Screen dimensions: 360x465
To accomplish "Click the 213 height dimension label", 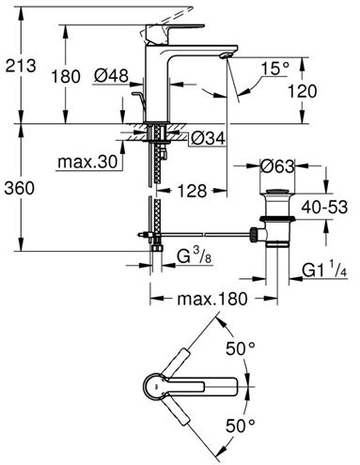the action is point(21,66).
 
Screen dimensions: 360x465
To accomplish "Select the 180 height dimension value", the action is point(66,76).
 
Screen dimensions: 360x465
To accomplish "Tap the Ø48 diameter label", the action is point(112,76).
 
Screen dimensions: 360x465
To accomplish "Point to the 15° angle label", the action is point(275,69).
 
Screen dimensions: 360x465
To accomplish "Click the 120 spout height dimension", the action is point(302,91).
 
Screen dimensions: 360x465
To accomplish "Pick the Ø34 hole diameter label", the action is point(208,138).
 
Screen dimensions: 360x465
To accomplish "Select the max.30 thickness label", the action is point(87,162).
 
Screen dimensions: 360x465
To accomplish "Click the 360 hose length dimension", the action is point(20,188).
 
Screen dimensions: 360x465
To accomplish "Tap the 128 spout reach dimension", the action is point(192,191).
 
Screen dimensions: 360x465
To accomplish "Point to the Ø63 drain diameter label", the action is point(277,166).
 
